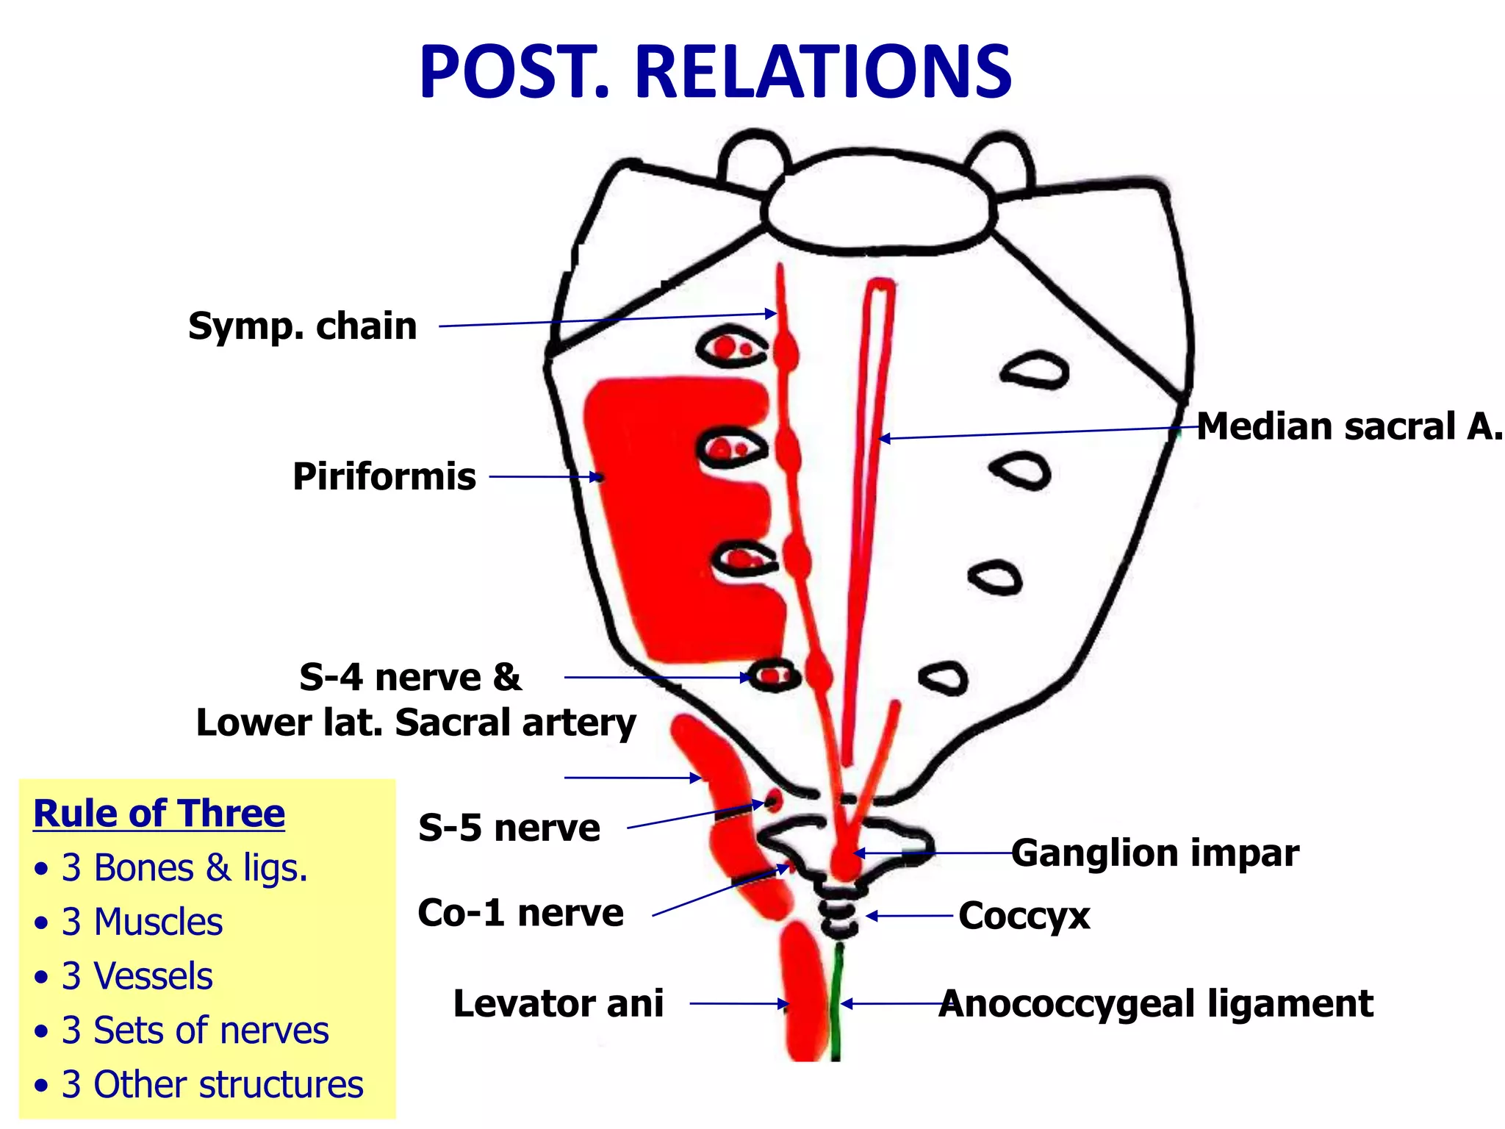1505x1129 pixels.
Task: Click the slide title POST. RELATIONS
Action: pyautogui.click(x=715, y=72)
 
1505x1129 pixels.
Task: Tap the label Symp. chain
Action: pyautogui.click(x=302, y=326)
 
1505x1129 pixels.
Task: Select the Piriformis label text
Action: pyautogui.click(x=384, y=476)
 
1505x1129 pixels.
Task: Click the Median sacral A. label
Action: pyautogui.click(x=1349, y=426)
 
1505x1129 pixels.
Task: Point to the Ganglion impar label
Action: pyautogui.click(x=1154, y=853)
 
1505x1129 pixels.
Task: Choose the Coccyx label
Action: pyautogui.click(x=1024, y=916)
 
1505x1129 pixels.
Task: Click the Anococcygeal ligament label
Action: pyautogui.click(x=1156, y=1003)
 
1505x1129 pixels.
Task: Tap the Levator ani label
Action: pyautogui.click(x=558, y=1003)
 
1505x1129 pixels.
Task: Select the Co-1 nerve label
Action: pyautogui.click(x=520, y=913)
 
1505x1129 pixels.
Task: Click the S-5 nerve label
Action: pyautogui.click(x=509, y=828)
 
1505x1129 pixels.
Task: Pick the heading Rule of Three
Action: pyautogui.click(x=159, y=814)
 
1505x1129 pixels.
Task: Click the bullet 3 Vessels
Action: pyautogui.click(x=137, y=976)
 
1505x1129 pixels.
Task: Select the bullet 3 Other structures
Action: pyautogui.click(x=212, y=1084)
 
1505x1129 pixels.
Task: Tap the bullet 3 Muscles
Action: pyautogui.click(x=142, y=922)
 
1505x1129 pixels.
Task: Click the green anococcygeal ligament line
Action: pyautogui.click(x=836, y=1007)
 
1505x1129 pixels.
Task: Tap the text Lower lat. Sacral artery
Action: pyautogui.click(x=416, y=723)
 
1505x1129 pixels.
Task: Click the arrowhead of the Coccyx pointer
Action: pyautogui.click(x=871, y=916)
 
